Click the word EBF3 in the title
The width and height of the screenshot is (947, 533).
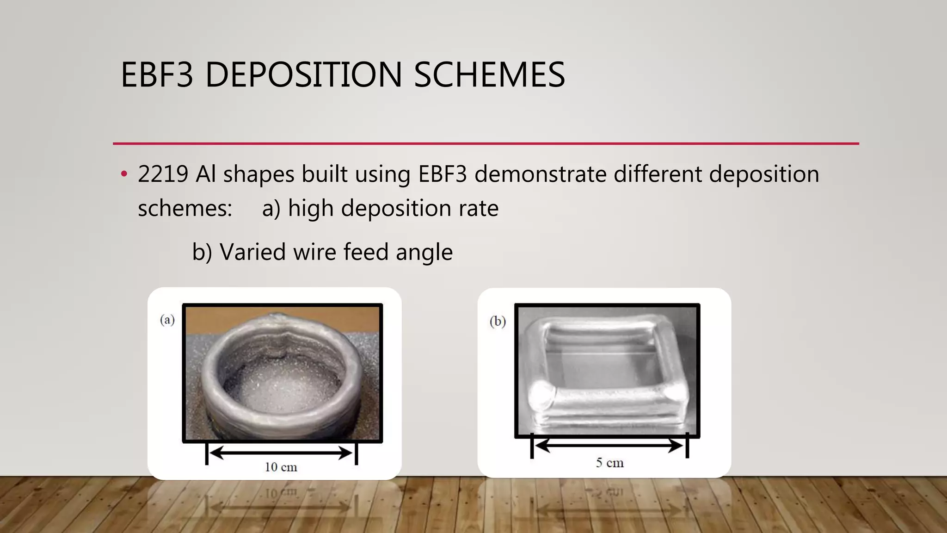(157, 75)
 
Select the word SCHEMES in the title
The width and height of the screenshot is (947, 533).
(489, 75)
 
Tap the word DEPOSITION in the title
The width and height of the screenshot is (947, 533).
(303, 75)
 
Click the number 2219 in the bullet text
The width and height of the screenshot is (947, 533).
(163, 174)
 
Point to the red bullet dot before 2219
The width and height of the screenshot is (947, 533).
(123, 174)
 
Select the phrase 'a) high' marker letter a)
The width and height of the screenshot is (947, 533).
(271, 208)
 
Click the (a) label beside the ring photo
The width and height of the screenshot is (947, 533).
(167, 320)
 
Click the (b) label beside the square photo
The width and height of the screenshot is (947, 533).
(498, 321)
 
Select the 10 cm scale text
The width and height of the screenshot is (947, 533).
(281, 467)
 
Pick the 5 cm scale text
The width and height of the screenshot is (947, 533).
(609, 463)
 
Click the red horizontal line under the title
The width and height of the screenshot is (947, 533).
(486, 143)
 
